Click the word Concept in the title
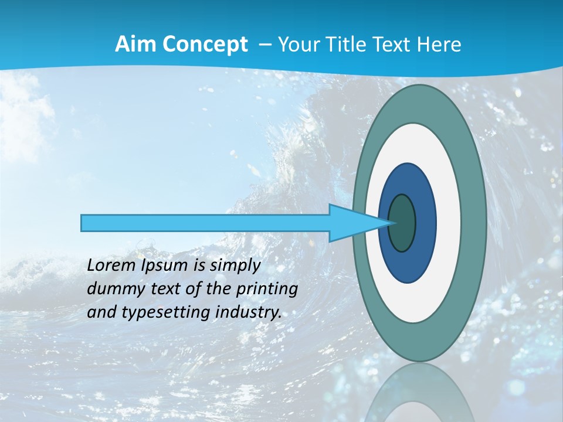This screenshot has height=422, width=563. coord(205,45)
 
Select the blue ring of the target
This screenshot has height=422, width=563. coord(425,223)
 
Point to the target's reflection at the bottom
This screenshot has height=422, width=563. coord(419,396)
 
